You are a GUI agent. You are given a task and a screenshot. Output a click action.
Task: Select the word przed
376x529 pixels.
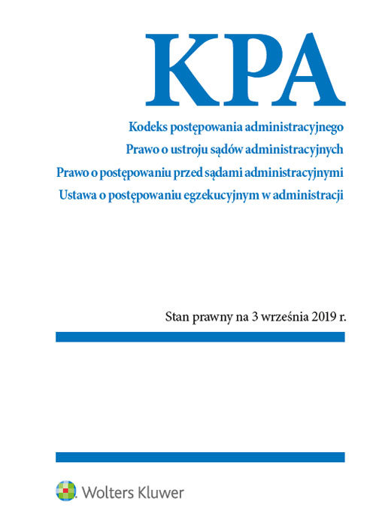point(197,173)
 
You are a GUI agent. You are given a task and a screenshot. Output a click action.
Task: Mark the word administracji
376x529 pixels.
point(307,196)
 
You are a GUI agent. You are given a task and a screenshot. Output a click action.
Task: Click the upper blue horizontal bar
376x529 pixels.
point(200,336)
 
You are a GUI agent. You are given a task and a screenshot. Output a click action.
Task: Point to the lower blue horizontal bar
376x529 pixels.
point(200,457)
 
